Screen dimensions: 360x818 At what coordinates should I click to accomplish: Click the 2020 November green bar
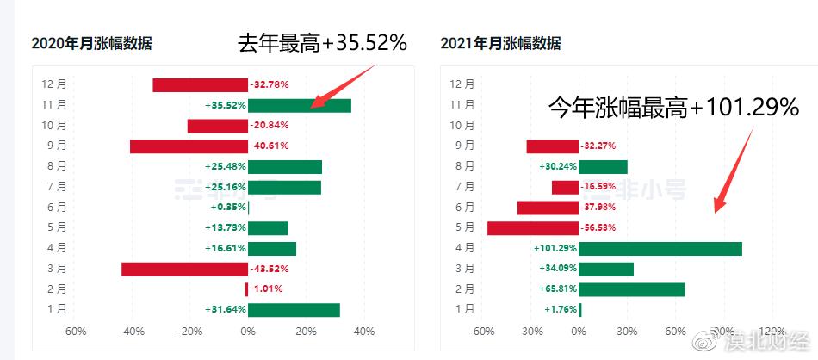299,105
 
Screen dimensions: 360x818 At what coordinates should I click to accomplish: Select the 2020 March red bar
184,269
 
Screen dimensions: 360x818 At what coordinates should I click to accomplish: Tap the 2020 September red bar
189,146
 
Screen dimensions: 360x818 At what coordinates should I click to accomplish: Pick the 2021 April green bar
660,248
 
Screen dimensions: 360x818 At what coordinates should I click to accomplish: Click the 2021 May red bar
532,228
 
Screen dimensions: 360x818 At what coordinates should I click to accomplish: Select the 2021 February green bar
631,289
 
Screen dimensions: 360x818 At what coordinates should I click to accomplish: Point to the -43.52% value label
269,269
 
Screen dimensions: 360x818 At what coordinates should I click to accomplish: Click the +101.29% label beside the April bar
555,248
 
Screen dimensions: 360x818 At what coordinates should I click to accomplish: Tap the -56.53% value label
599,228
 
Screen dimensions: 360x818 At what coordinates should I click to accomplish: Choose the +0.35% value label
228,208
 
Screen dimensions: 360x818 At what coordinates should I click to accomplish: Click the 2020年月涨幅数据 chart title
91,44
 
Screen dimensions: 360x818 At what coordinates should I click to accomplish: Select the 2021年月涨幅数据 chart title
500,44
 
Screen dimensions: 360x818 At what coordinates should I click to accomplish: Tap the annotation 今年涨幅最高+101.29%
674,108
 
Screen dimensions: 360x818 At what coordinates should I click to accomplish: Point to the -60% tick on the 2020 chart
74,331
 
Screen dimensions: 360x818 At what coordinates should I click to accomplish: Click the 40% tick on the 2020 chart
363,331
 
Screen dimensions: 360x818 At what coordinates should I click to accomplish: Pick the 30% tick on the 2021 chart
627,331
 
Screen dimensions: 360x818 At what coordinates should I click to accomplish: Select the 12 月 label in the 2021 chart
462,84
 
